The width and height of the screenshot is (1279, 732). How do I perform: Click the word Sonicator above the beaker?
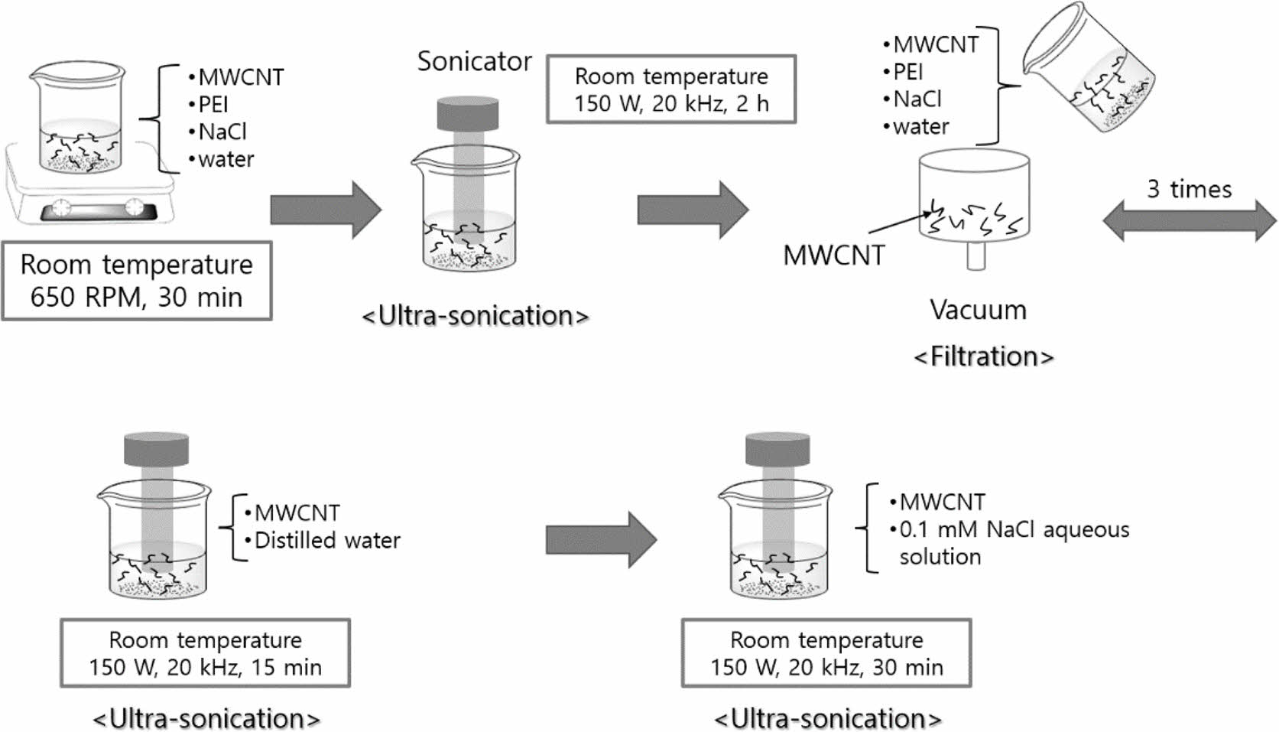474,61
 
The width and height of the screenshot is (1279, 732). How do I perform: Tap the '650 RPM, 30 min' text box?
136,281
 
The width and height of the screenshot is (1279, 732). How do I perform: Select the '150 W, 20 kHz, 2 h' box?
671,89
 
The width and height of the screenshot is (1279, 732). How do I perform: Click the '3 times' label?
1189,189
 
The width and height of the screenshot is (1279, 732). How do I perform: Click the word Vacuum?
978,310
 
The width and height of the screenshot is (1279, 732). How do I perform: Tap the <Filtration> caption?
984,356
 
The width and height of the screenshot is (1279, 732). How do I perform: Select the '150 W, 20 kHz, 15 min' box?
205,653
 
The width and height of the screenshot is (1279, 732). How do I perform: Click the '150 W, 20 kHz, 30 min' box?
826,653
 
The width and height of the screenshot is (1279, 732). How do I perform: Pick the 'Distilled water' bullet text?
326,541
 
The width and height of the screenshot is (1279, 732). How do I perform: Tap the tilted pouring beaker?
1090,76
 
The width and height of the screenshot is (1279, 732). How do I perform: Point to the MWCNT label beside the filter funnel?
833,255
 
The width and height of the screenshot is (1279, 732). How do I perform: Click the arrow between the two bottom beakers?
601,540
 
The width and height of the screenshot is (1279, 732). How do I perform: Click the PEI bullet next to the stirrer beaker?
213,104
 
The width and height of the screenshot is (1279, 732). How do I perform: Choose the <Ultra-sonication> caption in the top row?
475,316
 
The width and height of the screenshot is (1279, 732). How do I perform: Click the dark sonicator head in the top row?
467,113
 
